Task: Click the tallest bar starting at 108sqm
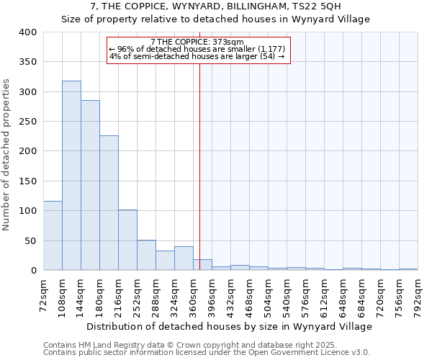[71, 176]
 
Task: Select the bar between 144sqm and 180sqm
[90, 185]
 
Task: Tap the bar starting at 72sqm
[53, 235]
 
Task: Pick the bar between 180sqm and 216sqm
[109, 203]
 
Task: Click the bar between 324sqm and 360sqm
[184, 258]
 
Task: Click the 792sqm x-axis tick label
[418, 297]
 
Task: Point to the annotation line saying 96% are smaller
[197, 49]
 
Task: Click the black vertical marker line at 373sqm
[199, 166]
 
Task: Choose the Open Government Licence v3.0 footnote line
[207, 353]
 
